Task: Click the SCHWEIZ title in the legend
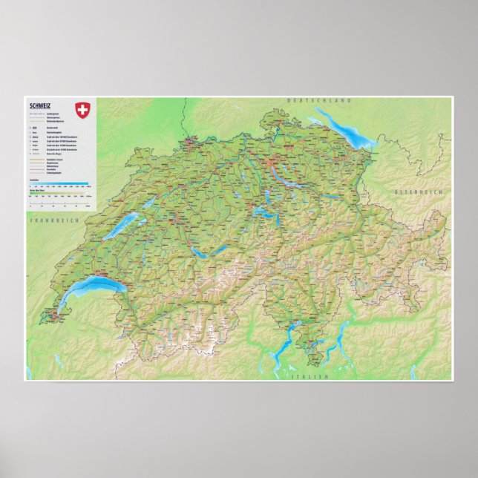[x=39, y=105]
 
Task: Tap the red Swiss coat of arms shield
[x=82, y=111]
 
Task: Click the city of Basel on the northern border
[x=191, y=139]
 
